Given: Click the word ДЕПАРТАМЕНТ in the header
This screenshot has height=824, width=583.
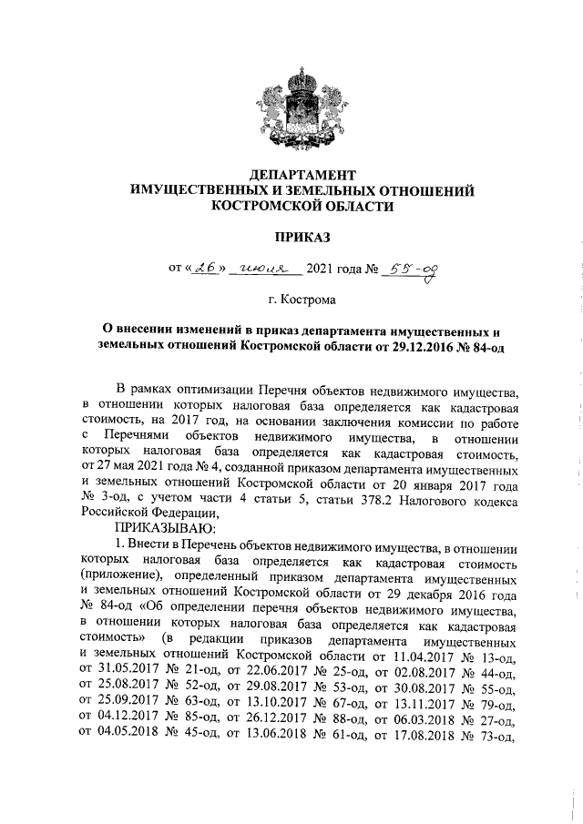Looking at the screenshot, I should [302, 175].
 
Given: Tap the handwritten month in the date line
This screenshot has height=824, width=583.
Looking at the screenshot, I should [258, 270].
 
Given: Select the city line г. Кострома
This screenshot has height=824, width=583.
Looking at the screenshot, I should [302, 300].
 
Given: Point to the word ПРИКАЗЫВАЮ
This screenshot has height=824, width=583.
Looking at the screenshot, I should [163, 528].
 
